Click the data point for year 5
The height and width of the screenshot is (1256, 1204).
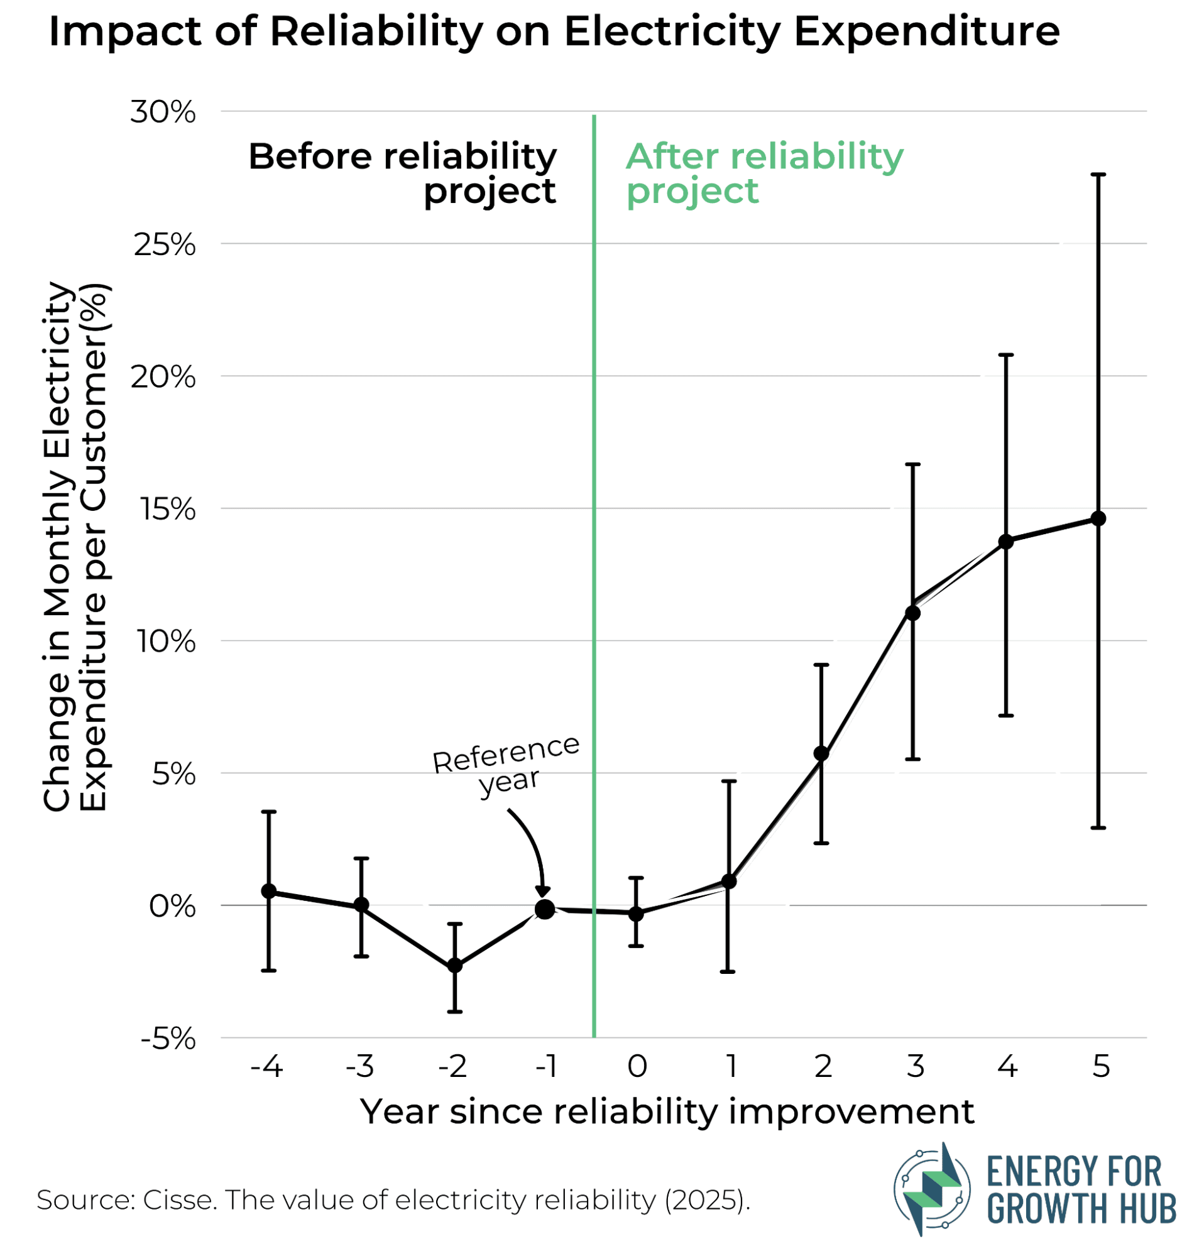click(x=1098, y=518)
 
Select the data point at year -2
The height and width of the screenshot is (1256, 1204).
click(x=454, y=965)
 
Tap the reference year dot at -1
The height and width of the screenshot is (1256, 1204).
click(x=545, y=909)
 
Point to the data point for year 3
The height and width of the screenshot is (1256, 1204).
click(x=912, y=613)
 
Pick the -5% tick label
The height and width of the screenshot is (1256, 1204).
click(x=168, y=1039)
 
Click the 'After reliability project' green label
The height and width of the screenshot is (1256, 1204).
click(x=763, y=173)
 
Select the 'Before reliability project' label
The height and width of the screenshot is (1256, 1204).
click(x=402, y=173)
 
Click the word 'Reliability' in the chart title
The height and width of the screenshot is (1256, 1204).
click(x=376, y=31)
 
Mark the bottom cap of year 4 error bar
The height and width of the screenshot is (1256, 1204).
click(x=1006, y=715)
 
